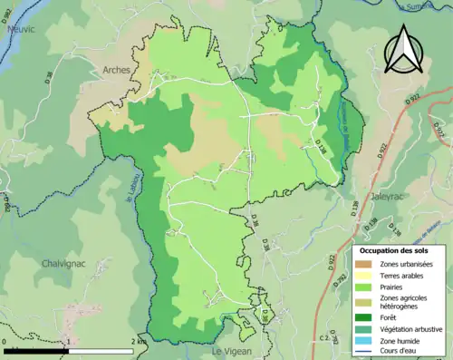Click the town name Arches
pyautogui.click(x=116, y=70)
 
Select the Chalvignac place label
pyautogui.click(x=63, y=263)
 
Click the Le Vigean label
pyautogui.click(x=232, y=350)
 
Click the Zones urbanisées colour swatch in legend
pyautogui.click(x=362, y=264)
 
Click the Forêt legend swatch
pyautogui.click(x=362, y=317)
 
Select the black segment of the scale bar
pyautogui.click(x=37, y=349)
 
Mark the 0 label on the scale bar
pyautogui.click(x=5, y=341)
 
